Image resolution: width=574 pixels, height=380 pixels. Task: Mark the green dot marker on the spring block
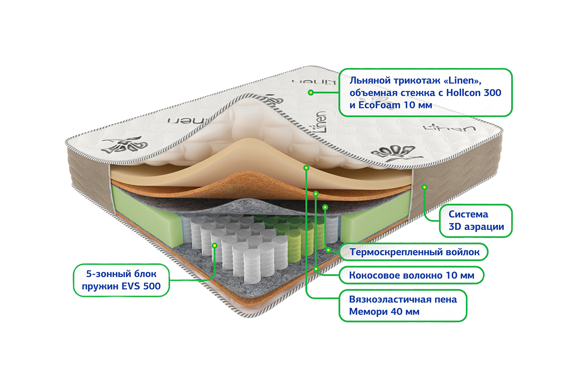click(215, 245)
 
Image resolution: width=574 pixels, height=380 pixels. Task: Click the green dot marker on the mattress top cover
click(311, 93)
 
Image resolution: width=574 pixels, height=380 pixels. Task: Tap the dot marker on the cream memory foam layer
click(306, 167)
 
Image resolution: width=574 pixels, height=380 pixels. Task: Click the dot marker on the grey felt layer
click(325, 207)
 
